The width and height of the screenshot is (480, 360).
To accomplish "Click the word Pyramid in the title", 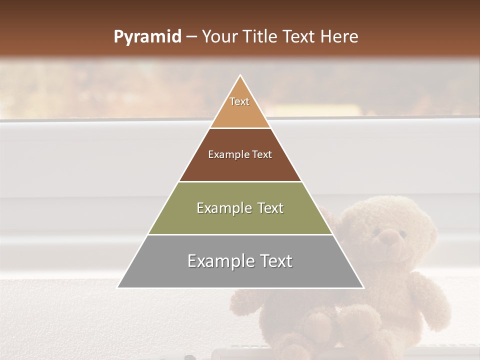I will coord(147,37).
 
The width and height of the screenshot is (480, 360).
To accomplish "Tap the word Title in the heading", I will coord(260,37).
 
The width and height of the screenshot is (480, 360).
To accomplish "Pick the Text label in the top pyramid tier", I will coord(239,101).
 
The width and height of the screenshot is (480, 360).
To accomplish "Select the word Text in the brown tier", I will coord(262,155).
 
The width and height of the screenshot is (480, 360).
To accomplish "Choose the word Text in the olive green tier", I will coord(270,208).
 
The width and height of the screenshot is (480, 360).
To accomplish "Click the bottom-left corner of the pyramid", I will coord(118,287).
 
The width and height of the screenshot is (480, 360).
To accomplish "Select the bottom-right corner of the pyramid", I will coord(363,287).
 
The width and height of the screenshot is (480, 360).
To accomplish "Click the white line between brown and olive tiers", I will coord(240,181).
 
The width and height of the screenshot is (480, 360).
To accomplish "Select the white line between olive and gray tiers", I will coord(240,234).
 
